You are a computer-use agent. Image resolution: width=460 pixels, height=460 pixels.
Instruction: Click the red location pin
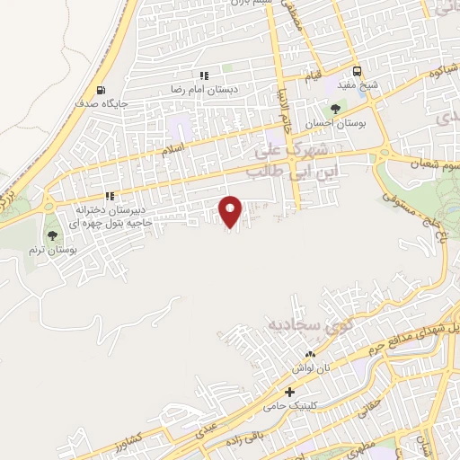[x=231, y=210]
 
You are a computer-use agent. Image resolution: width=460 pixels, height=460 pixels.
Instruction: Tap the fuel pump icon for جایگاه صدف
[x=99, y=90]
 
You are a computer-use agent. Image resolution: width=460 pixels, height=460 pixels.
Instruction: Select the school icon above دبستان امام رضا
[x=204, y=76]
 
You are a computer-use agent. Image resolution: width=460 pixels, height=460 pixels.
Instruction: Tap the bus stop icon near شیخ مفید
[x=358, y=71]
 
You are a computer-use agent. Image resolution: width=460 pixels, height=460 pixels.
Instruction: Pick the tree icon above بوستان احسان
[x=335, y=109]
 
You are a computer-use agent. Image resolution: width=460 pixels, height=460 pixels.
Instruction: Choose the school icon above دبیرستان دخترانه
[x=110, y=196]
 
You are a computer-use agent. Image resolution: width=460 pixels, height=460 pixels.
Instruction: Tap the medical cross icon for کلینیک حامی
[x=289, y=393]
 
